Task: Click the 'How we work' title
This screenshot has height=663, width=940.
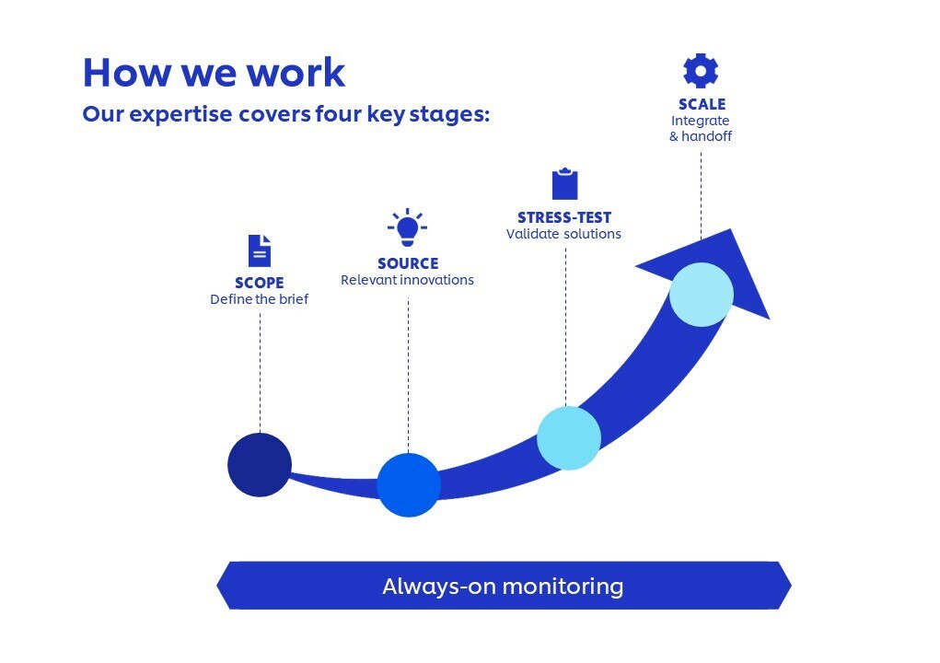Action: [214, 72]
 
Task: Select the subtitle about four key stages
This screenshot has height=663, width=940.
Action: [285, 115]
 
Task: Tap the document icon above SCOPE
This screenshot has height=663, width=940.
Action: [260, 250]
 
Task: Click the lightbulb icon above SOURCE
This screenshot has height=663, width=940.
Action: [407, 227]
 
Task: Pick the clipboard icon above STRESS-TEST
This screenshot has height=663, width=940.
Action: [564, 184]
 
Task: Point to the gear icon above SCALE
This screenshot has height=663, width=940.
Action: [701, 71]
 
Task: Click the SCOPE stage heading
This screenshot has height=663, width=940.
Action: [259, 283]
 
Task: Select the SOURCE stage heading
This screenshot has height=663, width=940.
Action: [408, 263]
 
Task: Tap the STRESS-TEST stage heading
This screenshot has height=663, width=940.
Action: [563, 218]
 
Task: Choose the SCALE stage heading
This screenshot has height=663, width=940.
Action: [702, 104]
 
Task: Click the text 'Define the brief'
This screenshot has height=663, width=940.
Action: [259, 299]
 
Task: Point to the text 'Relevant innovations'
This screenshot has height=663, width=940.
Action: [407, 280]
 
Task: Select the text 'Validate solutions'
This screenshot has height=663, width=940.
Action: [563, 234]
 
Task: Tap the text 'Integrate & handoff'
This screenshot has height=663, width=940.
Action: [701, 128]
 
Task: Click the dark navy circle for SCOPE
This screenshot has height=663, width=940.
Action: [260, 465]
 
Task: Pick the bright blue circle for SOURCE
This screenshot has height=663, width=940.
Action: [409, 485]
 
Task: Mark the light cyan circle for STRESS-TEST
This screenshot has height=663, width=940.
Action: [569, 438]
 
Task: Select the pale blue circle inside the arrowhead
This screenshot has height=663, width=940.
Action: [702, 295]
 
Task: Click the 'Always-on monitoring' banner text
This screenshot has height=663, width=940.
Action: [503, 587]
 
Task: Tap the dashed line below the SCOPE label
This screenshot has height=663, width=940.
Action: [260, 368]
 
